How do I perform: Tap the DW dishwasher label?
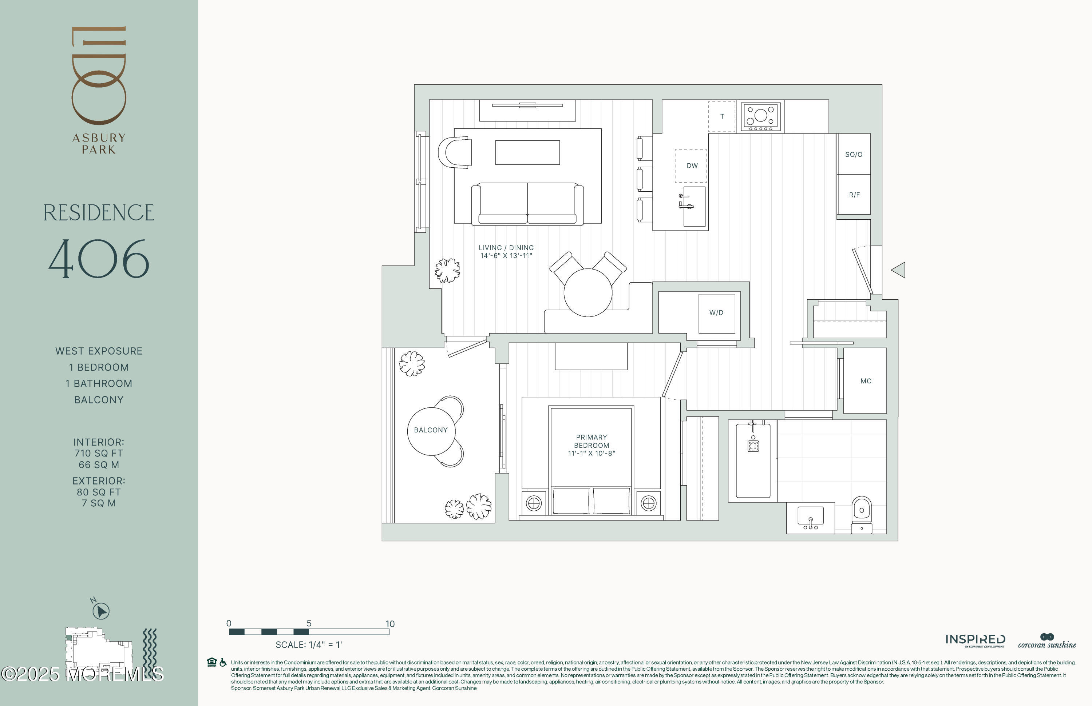click(x=692, y=165)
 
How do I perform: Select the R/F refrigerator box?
click(x=854, y=194)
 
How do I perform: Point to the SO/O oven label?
click(x=854, y=155)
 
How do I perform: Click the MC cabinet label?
click(x=866, y=381)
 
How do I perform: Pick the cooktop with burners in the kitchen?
click(x=760, y=116)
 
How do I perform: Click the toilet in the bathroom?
click(x=862, y=514)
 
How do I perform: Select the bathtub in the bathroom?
click(x=753, y=460)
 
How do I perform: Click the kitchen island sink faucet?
click(x=685, y=202)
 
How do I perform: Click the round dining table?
click(x=588, y=292)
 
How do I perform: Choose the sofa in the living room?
click(x=527, y=204)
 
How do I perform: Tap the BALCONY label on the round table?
click(x=430, y=430)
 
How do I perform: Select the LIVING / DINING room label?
click(x=506, y=248)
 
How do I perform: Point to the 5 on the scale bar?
click(x=309, y=623)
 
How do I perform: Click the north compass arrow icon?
click(x=101, y=611)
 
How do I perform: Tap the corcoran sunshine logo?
click(x=1047, y=641)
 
